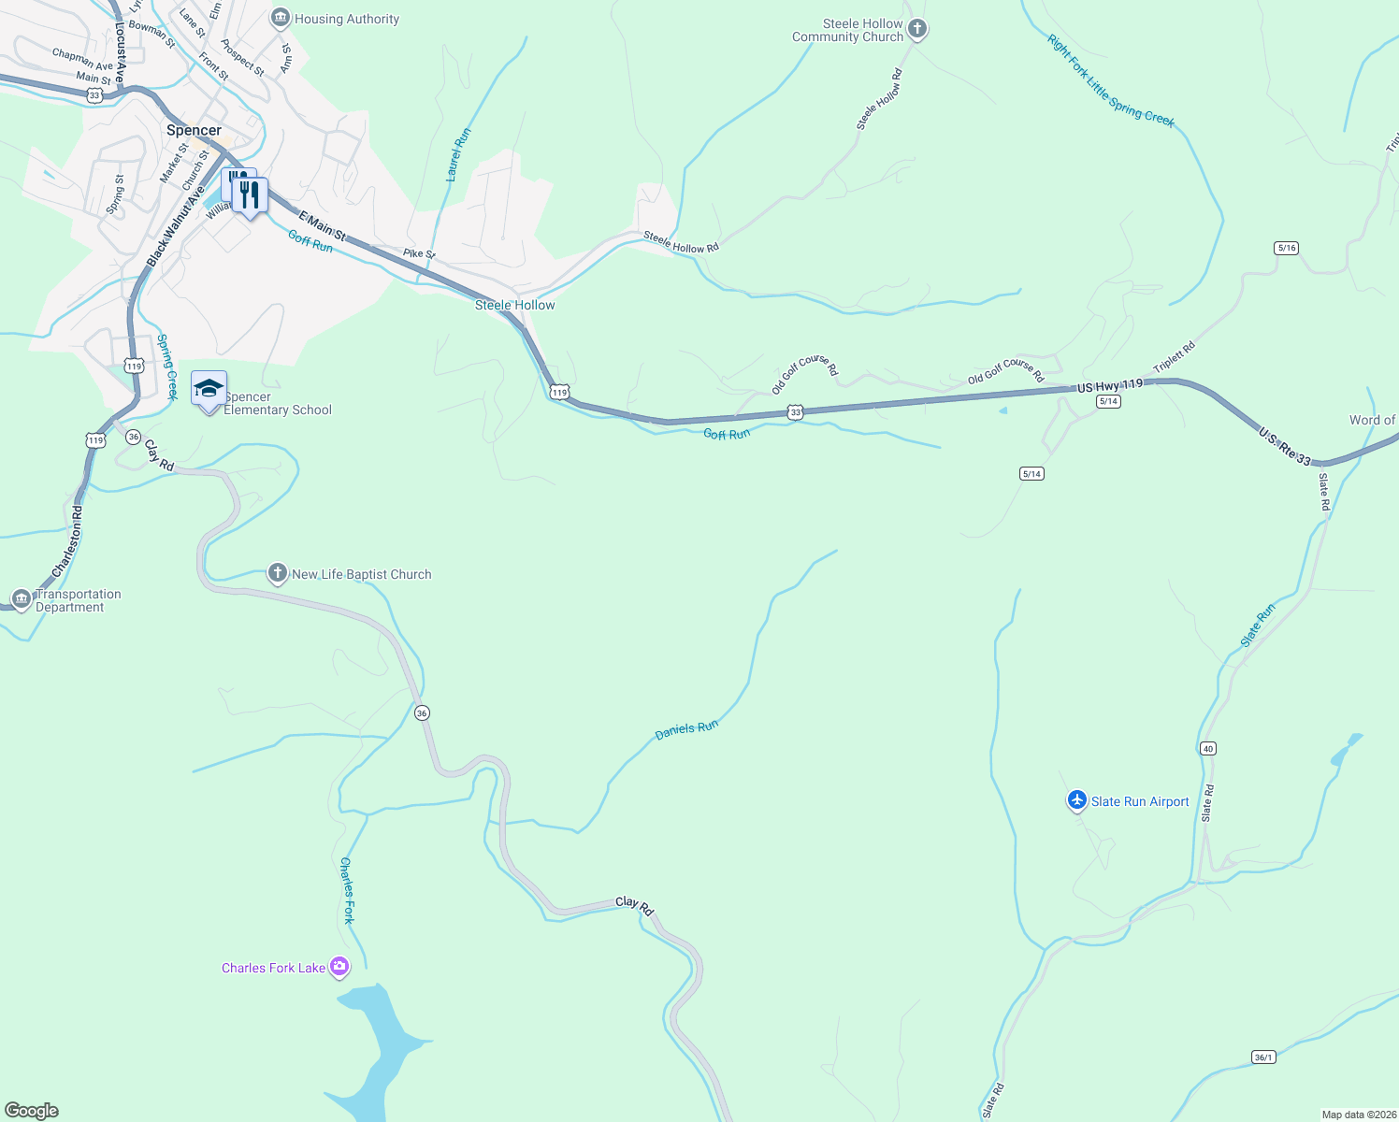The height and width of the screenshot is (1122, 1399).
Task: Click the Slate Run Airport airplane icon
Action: point(1077,800)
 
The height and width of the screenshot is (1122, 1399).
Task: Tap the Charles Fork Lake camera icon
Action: point(339,966)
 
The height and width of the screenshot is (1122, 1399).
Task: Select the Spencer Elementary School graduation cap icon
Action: point(209,388)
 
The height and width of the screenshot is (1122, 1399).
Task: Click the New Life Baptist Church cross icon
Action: point(277,573)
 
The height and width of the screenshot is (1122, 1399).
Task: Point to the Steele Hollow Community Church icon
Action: point(917,29)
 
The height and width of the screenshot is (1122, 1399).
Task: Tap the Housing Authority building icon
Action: point(280,18)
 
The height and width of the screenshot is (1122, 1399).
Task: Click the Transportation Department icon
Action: point(22,598)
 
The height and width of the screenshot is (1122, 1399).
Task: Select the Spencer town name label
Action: point(194,131)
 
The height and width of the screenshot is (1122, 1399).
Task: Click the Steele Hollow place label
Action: point(514,305)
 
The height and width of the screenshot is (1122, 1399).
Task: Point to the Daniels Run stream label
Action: point(686,729)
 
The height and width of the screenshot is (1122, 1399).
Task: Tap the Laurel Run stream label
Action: point(458,154)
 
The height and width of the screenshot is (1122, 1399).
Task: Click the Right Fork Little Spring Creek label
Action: point(1110,81)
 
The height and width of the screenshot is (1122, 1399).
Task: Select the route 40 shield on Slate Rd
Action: point(1208,748)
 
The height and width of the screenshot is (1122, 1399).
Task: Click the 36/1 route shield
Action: point(1263,1057)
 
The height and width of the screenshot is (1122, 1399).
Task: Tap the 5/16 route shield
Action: point(1286,248)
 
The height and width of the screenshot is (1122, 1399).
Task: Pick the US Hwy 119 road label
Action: point(1110,385)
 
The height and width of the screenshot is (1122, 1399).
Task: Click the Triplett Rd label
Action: point(1174,358)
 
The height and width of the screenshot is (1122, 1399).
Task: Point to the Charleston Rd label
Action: point(67,541)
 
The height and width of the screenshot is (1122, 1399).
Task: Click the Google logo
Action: point(32,1110)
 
